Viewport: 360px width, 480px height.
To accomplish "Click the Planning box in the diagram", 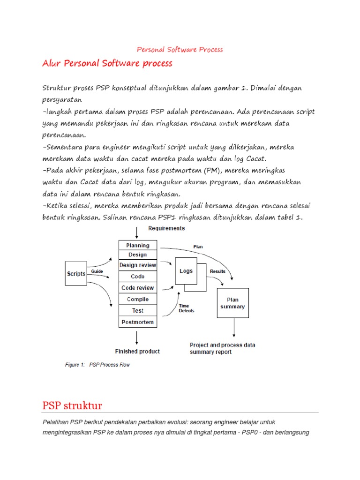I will tap(138, 245).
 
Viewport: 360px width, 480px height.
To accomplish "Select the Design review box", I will tap(138, 265).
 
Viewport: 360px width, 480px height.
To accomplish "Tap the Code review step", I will tap(138, 288).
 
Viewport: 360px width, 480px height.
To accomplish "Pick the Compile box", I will tap(138, 299).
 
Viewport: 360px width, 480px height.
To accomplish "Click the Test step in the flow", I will tap(138, 310).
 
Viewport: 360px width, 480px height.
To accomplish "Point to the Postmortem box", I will tap(138, 322).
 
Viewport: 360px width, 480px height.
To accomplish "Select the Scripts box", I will tap(76, 274).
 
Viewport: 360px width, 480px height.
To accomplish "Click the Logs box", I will tap(186, 271).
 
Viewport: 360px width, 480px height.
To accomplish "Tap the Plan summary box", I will tap(233, 303).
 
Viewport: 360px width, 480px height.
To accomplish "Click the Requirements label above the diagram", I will tap(166, 229).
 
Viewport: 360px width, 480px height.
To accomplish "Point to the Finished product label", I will tap(137, 351).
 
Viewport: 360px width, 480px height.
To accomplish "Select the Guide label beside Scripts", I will tap(97, 271).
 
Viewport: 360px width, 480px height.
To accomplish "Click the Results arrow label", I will tap(217, 271).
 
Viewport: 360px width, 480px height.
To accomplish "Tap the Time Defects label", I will tap(186, 308).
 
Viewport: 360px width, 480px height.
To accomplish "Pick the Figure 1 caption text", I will tap(97, 365).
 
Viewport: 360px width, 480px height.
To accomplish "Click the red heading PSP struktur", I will tap(72, 405).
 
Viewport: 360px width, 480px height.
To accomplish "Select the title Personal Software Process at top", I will tap(180, 49).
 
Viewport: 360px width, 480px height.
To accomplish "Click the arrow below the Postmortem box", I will tap(137, 337).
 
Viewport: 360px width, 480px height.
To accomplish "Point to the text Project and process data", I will tap(222, 345).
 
